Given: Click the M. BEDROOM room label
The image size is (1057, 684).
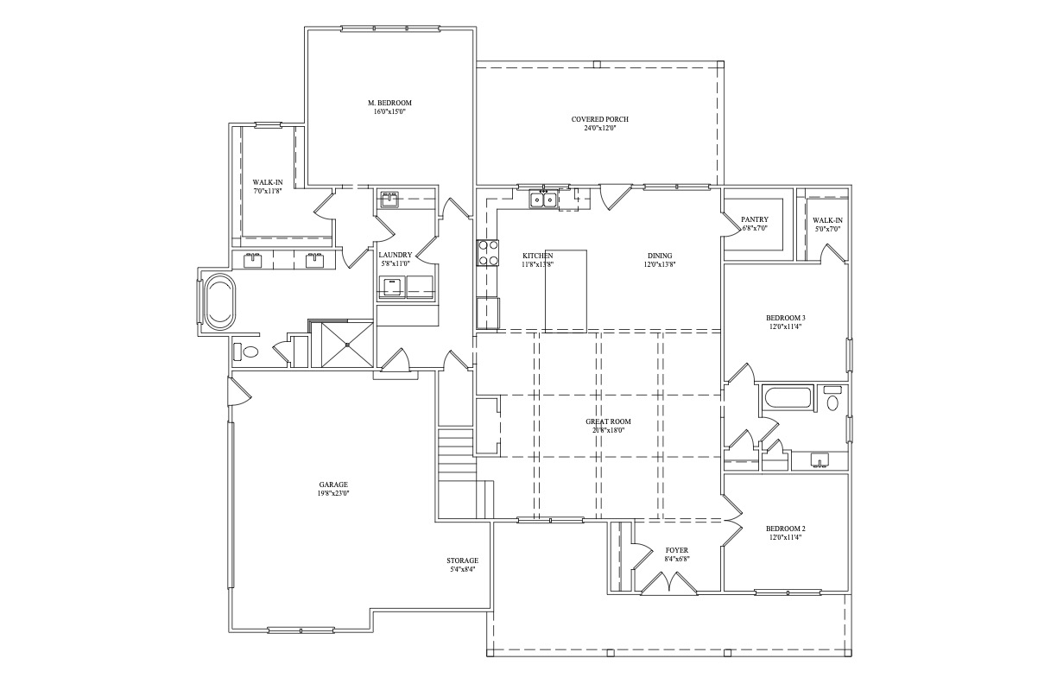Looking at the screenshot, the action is pyautogui.click(x=389, y=103).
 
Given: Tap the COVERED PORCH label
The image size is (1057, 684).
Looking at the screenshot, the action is pyautogui.click(x=600, y=119).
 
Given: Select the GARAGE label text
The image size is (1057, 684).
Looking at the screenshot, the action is pyautogui.click(x=333, y=484).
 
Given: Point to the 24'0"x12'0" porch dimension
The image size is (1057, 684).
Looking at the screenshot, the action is pyautogui.click(x=600, y=129).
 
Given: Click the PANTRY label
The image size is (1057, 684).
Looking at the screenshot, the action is pyautogui.click(x=755, y=219).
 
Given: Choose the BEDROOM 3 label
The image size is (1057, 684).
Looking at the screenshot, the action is pyautogui.click(x=785, y=318).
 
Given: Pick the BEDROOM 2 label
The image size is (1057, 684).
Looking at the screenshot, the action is pyautogui.click(x=785, y=529).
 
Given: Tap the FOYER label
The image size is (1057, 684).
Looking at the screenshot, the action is pyautogui.click(x=677, y=550).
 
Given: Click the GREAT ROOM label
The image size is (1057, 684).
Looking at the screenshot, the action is pyautogui.click(x=608, y=421).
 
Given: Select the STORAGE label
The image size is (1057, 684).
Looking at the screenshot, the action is pyautogui.click(x=463, y=560).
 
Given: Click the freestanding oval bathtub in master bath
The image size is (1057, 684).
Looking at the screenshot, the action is pyautogui.click(x=218, y=301).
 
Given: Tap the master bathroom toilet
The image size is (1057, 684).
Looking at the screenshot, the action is pyautogui.click(x=246, y=351).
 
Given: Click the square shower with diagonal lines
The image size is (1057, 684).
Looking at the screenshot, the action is pyautogui.click(x=347, y=345).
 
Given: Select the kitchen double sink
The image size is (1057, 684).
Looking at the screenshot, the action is pyautogui.click(x=543, y=200).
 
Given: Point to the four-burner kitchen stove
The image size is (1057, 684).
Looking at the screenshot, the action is pyautogui.click(x=487, y=252).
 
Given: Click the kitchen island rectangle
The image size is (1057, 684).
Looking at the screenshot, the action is pyautogui.click(x=566, y=291).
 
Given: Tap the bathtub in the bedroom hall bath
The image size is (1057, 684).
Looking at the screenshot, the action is pyautogui.click(x=786, y=397).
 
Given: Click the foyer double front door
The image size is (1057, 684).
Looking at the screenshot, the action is pyautogui.click(x=668, y=582).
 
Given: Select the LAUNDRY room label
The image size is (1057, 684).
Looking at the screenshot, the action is pyautogui.click(x=395, y=255).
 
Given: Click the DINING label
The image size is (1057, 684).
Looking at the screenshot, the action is pyautogui.click(x=660, y=256).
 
